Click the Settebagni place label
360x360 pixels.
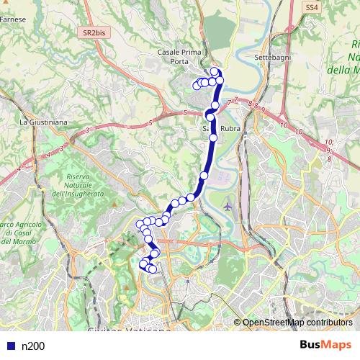click(271, 57)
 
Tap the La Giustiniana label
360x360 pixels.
click(43, 122)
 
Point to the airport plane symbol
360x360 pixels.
click(228, 207)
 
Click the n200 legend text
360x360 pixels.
click(33, 346)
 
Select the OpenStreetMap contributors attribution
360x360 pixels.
click(297, 323)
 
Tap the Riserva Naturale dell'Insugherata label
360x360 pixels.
click(84, 186)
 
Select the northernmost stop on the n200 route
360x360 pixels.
click(214, 71)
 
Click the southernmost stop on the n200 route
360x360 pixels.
click(152, 269)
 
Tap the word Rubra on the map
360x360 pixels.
click(230, 130)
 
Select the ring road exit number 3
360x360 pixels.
click(86, 130)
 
